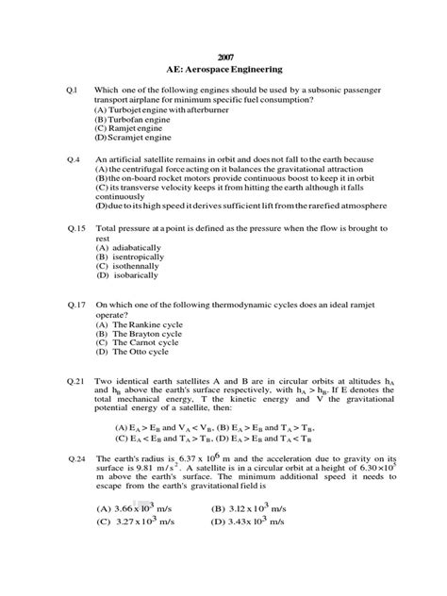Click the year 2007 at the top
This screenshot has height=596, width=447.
pos(223,56)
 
